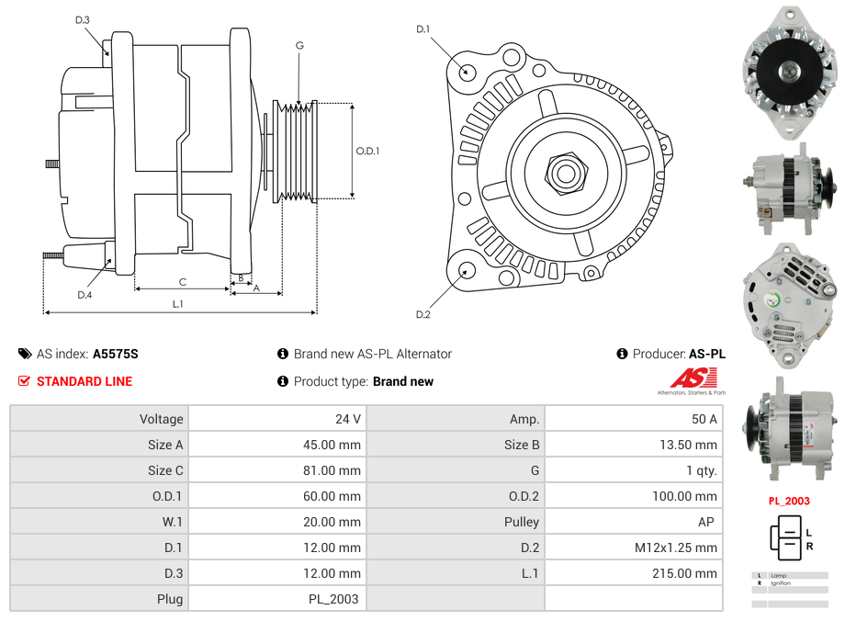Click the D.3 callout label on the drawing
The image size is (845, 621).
point(83,19)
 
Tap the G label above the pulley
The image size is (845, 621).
point(299,45)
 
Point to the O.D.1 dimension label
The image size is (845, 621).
point(367,151)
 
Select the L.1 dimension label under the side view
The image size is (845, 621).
point(178,304)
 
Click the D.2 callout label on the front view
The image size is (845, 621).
point(422,314)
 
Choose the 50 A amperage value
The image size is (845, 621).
point(704,419)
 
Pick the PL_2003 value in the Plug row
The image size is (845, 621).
point(334,599)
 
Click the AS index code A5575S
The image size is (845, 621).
point(116,354)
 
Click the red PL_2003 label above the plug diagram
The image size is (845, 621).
point(789,502)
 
